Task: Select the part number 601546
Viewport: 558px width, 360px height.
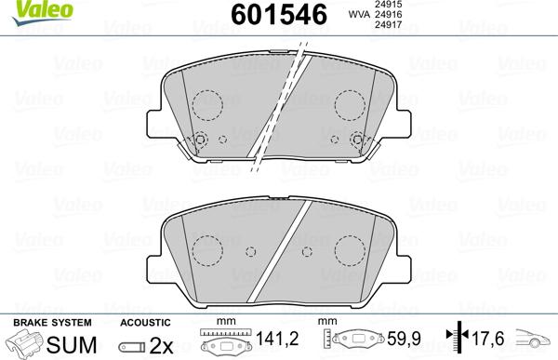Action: (265, 15)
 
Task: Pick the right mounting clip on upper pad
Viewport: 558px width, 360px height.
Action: (357, 140)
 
